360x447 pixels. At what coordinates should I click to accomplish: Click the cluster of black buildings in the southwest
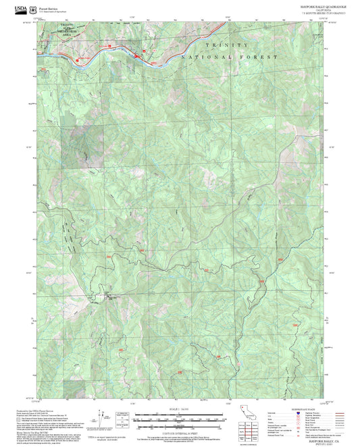(109, 294)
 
